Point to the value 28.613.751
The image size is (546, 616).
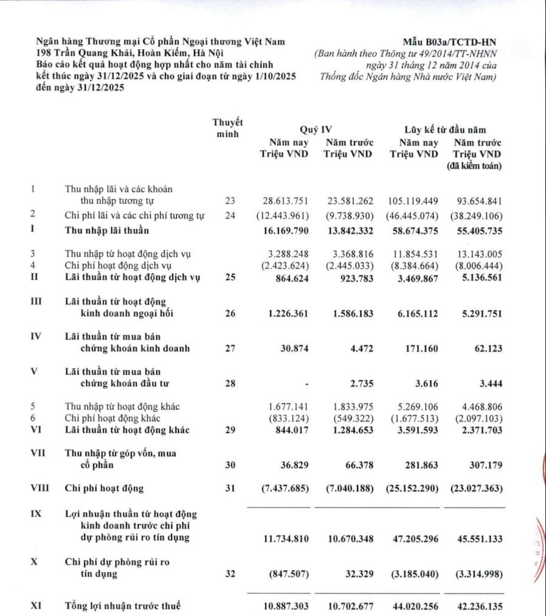pyautogui.click(x=286, y=200)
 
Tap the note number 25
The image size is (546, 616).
pyautogui.click(x=229, y=278)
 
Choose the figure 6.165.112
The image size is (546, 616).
pyautogui.click(x=413, y=313)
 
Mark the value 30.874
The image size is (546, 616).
pyautogui.click(x=294, y=349)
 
